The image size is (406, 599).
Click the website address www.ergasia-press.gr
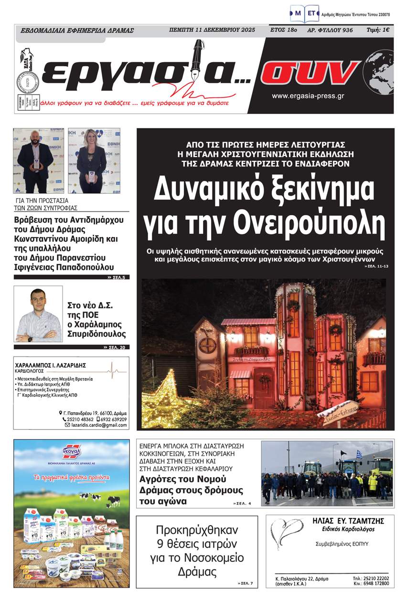[x=308, y=96]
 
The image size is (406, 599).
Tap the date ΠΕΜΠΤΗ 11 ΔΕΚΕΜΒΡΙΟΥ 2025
[x=212, y=30]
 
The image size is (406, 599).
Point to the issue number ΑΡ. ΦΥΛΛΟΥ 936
[x=330, y=30]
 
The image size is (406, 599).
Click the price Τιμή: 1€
[x=377, y=30]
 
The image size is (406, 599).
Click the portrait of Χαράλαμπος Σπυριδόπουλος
[x=38, y=314]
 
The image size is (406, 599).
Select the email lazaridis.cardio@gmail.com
[x=99, y=424]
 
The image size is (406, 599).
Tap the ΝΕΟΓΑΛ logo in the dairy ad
[x=71, y=452]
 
